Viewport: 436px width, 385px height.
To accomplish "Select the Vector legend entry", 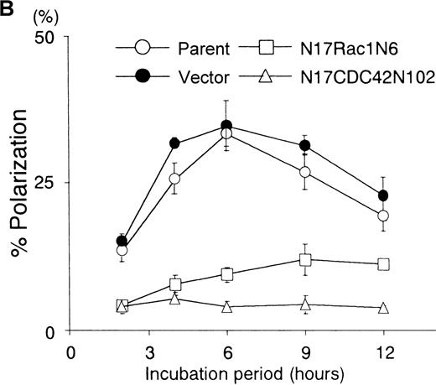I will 179,76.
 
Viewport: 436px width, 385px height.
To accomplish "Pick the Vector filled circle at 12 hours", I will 383,195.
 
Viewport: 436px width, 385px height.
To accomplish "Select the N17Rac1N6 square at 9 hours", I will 305,260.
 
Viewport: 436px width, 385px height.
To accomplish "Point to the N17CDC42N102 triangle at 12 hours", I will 383,308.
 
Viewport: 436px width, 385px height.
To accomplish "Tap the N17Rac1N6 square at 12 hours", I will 383,264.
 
